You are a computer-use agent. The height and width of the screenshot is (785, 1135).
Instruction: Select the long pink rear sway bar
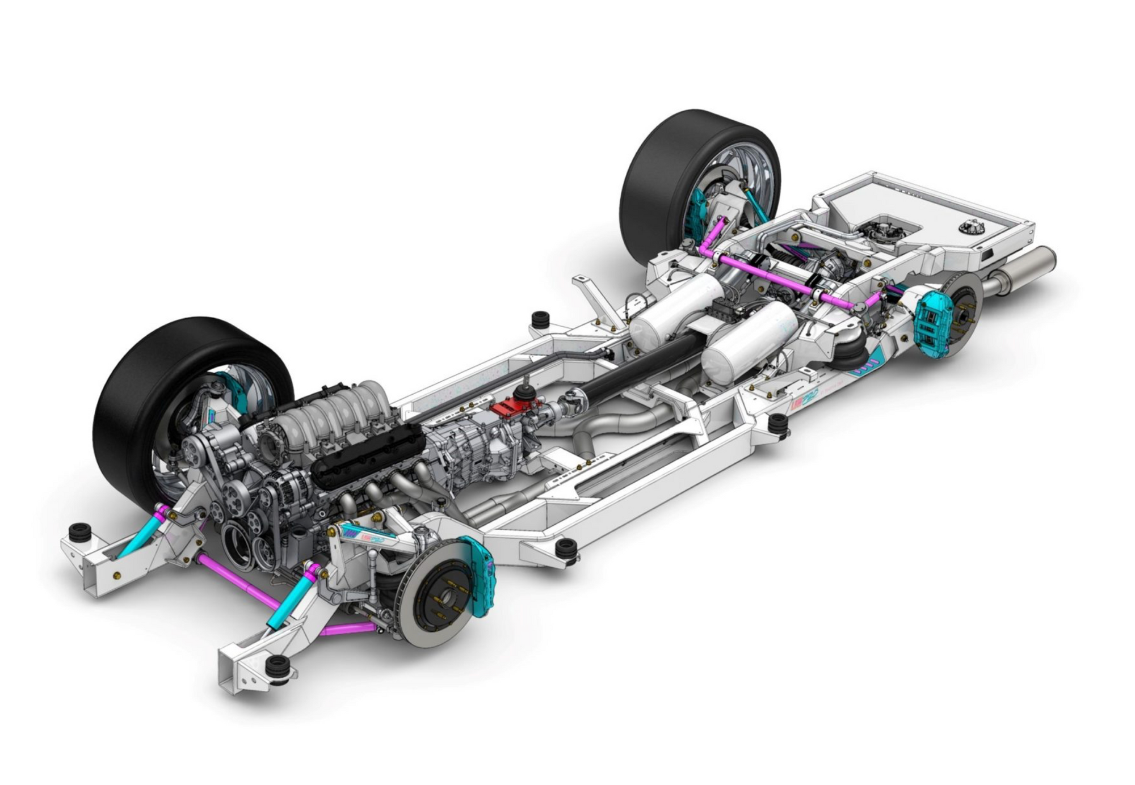coord(783,278)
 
